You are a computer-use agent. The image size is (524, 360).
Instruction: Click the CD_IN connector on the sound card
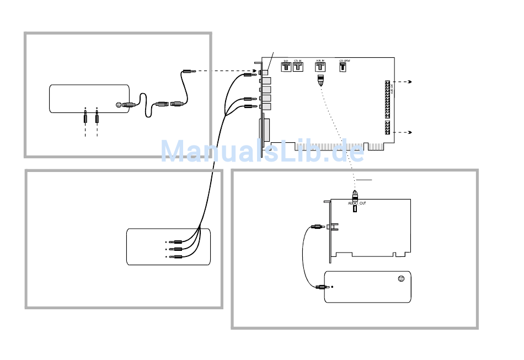(298, 68)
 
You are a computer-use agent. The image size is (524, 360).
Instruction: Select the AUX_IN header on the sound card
(320, 68)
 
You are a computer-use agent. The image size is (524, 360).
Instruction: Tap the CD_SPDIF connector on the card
(343, 68)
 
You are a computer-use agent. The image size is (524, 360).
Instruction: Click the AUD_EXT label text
(391, 87)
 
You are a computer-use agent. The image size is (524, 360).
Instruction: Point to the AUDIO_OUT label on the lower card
(356, 203)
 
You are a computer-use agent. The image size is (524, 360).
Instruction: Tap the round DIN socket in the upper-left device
(119, 105)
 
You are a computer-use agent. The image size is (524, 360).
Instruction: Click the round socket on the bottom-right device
(401, 278)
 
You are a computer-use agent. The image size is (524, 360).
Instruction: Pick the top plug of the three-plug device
(177, 242)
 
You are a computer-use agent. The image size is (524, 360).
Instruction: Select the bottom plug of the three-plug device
(177, 257)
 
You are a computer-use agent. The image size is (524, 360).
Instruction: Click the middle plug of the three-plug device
(177, 249)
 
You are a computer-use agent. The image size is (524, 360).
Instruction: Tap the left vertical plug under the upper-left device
(85, 116)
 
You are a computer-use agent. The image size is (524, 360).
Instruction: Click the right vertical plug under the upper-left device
(97, 116)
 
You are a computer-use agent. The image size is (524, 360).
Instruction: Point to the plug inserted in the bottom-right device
(321, 287)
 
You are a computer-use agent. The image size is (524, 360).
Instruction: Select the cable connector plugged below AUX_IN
(320, 80)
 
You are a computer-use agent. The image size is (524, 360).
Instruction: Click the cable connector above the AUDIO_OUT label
(356, 195)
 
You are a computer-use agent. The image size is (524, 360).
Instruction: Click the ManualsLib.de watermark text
(263, 151)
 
